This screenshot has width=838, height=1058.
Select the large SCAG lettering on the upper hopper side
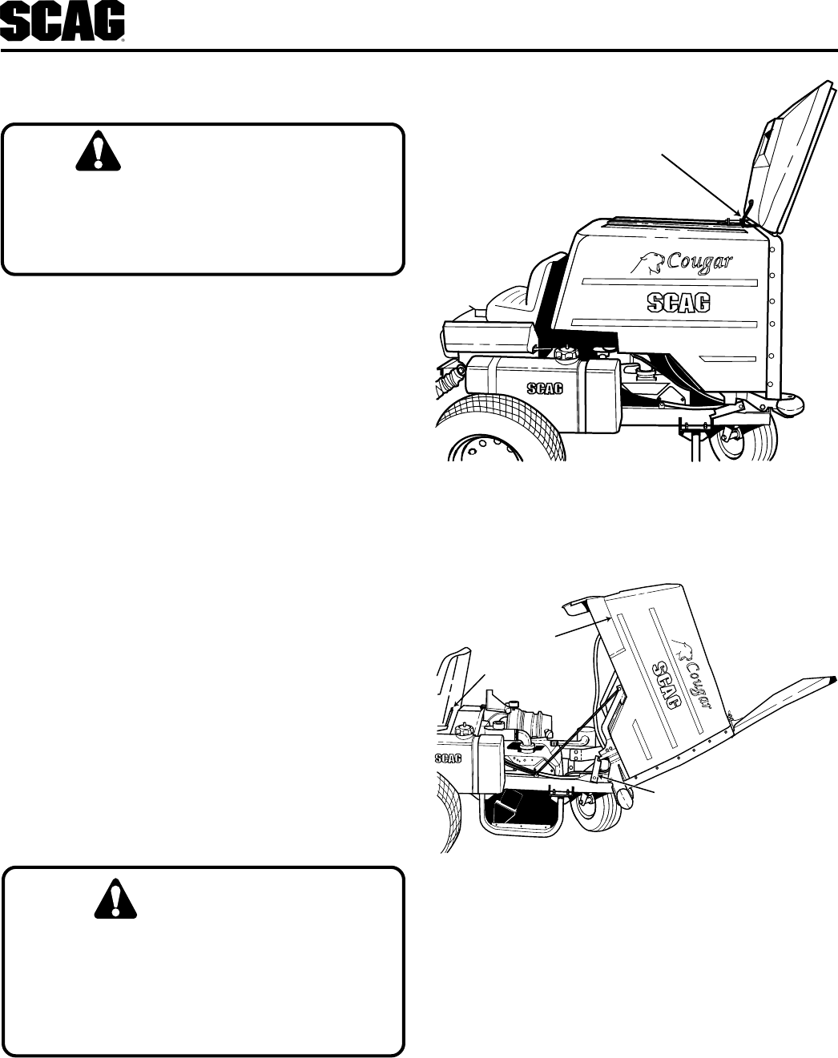click(x=678, y=303)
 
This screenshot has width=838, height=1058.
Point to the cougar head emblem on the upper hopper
click(x=650, y=260)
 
